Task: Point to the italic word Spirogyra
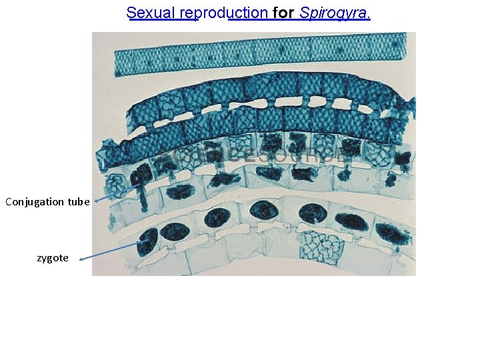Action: (333, 13)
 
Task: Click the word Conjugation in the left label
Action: (34, 201)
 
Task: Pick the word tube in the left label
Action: (78, 201)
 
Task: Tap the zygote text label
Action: (53, 257)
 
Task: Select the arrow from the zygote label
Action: (110, 251)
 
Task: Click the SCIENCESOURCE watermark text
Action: (253, 156)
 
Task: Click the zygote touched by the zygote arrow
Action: (147, 241)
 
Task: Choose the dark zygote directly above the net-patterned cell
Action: (311, 213)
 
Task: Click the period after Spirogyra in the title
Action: (369, 15)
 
